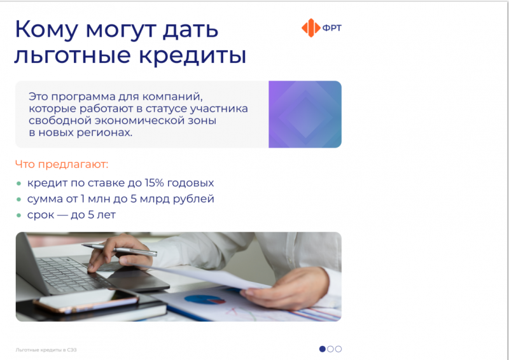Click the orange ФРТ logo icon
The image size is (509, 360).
pyautogui.click(x=311, y=28)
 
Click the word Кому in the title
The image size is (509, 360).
pyautogui.click(x=46, y=29)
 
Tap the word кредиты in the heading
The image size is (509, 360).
pyautogui.click(x=193, y=55)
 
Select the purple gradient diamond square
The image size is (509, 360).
pyautogui.click(x=305, y=114)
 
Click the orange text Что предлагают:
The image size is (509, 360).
pyautogui.click(x=62, y=164)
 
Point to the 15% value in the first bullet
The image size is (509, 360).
pyautogui.click(x=154, y=183)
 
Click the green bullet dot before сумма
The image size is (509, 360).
pyautogui.click(x=19, y=199)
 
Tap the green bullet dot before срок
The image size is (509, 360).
pyautogui.click(x=19, y=215)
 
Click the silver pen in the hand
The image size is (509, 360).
pyautogui.click(x=119, y=249)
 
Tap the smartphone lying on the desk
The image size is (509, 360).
pyautogui.click(x=86, y=302)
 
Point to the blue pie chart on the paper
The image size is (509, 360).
pyautogui.click(x=204, y=299)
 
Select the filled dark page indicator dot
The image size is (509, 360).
pyautogui.click(x=323, y=349)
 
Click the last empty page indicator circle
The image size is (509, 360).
pyautogui.click(x=338, y=349)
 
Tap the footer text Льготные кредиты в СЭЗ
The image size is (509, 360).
pyautogui.click(x=46, y=350)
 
